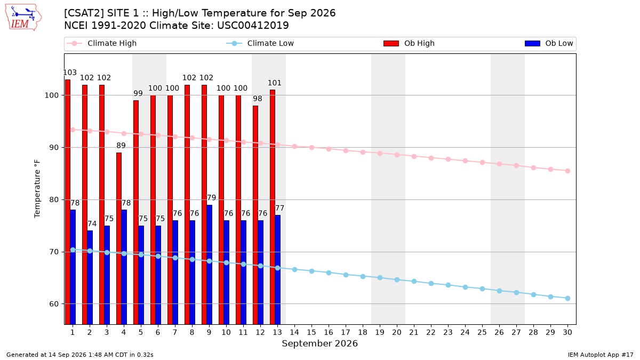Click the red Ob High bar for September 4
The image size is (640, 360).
pyautogui.click(x=119, y=238)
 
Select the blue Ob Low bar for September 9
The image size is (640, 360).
pyautogui.click(x=209, y=265)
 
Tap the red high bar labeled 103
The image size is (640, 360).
pyautogui.click(x=68, y=202)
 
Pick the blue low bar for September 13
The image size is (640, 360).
pyautogui.click(x=277, y=270)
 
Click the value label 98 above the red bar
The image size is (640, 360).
pyautogui.click(x=258, y=99)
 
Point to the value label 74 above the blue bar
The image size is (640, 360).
pyautogui.click(x=92, y=223)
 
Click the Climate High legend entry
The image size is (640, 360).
pyautogui.click(x=101, y=43)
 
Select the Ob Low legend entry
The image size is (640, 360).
pyautogui.click(x=549, y=43)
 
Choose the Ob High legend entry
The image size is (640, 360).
pyautogui.click(x=409, y=43)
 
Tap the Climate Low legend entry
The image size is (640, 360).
pyautogui.click(x=260, y=43)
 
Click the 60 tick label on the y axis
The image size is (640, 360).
pyautogui.click(x=53, y=304)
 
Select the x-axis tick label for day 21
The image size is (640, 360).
pyautogui.click(x=414, y=332)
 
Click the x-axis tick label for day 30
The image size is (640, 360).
pyautogui.click(x=567, y=332)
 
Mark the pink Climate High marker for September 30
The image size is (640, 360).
pyautogui.click(x=567, y=171)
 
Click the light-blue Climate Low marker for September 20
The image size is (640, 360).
pyautogui.click(x=397, y=279)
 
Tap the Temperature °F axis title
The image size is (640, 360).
pyautogui.click(x=37, y=189)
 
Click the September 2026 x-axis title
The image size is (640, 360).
pyautogui.click(x=319, y=343)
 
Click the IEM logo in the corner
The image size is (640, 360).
pyautogui.click(x=23, y=18)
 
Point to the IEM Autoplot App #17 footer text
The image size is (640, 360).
pyautogui.click(x=601, y=355)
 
